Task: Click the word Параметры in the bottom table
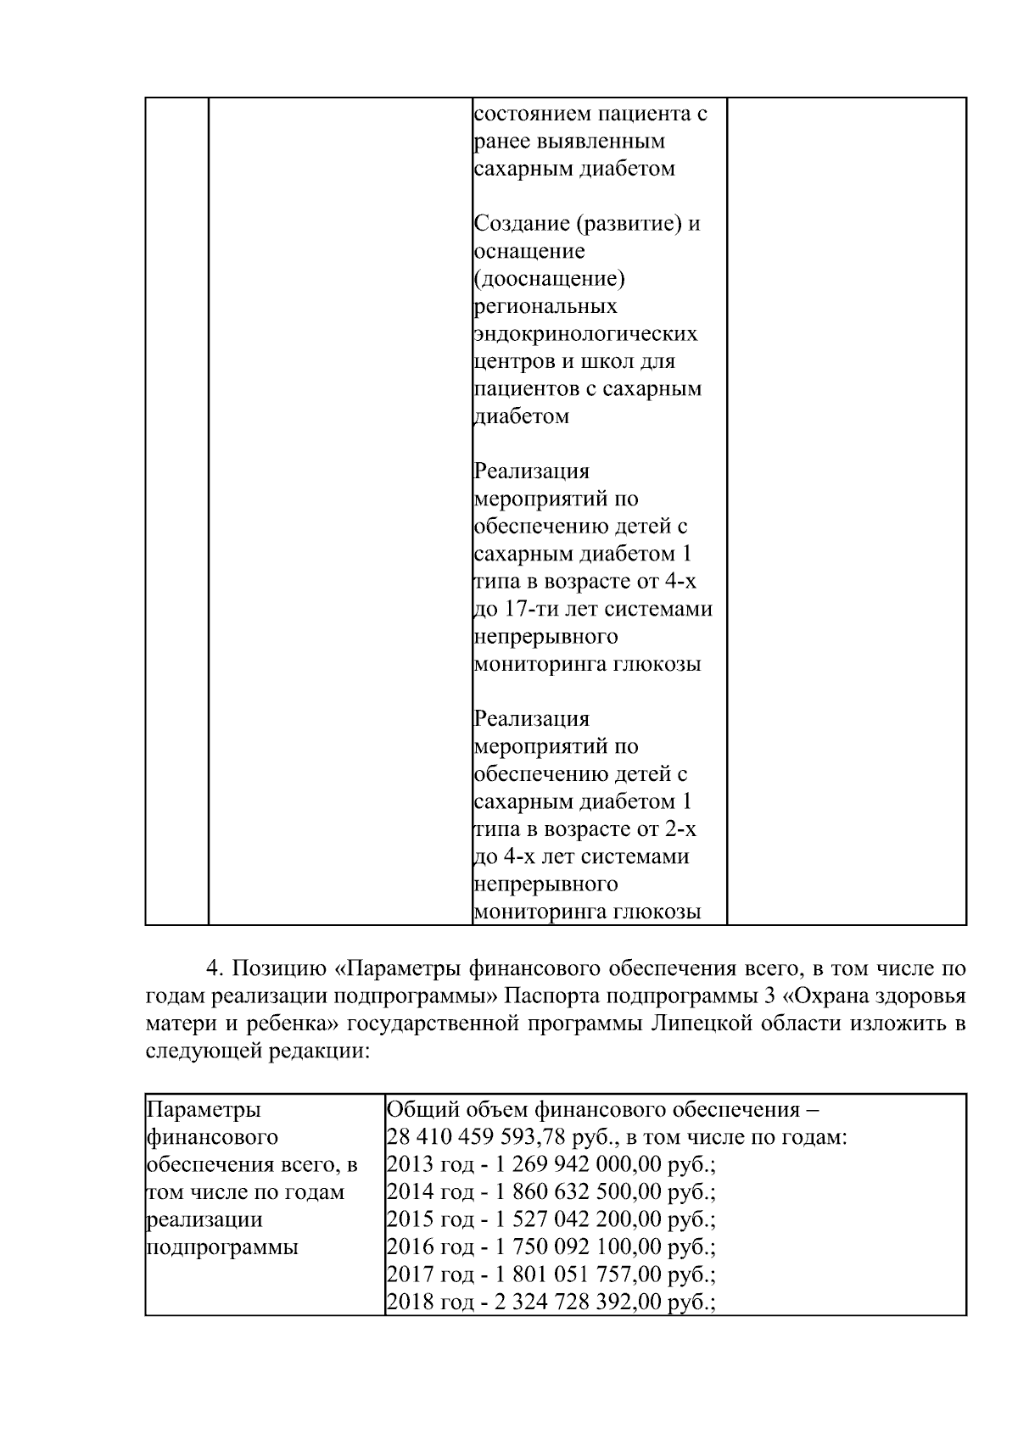click(204, 1110)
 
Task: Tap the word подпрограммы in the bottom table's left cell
click(222, 1247)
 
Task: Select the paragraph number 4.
click(214, 968)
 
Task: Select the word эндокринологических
click(585, 334)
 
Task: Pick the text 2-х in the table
click(680, 829)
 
